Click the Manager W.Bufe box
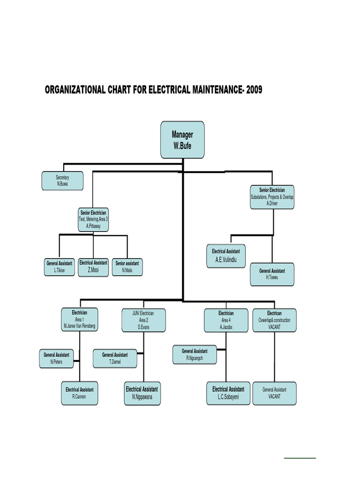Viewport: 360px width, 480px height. click(x=183, y=139)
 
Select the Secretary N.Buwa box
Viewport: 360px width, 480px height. click(x=62, y=180)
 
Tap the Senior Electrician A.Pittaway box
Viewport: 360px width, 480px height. click(x=93, y=219)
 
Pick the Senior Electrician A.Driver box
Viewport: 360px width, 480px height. click(x=272, y=197)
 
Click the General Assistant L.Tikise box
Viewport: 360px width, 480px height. click(x=59, y=267)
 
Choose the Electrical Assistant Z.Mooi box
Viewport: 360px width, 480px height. click(x=93, y=266)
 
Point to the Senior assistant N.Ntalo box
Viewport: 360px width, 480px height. click(x=127, y=267)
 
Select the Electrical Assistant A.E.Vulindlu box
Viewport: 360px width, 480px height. click(x=226, y=256)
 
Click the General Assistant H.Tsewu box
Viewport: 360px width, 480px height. click(x=272, y=274)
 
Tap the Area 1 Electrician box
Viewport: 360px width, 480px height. click(x=79, y=320)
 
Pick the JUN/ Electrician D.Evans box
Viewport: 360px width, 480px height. click(x=144, y=320)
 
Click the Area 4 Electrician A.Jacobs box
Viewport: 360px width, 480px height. click(x=226, y=320)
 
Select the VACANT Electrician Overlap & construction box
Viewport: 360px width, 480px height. click(x=274, y=320)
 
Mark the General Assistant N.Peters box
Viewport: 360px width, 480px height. click(x=56, y=358)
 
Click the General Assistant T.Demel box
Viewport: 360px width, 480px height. click(x=115, y=358)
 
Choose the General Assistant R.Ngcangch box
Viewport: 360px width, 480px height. click(x=195, y=354)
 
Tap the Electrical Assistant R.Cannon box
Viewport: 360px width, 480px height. click(x=79, y=393)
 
